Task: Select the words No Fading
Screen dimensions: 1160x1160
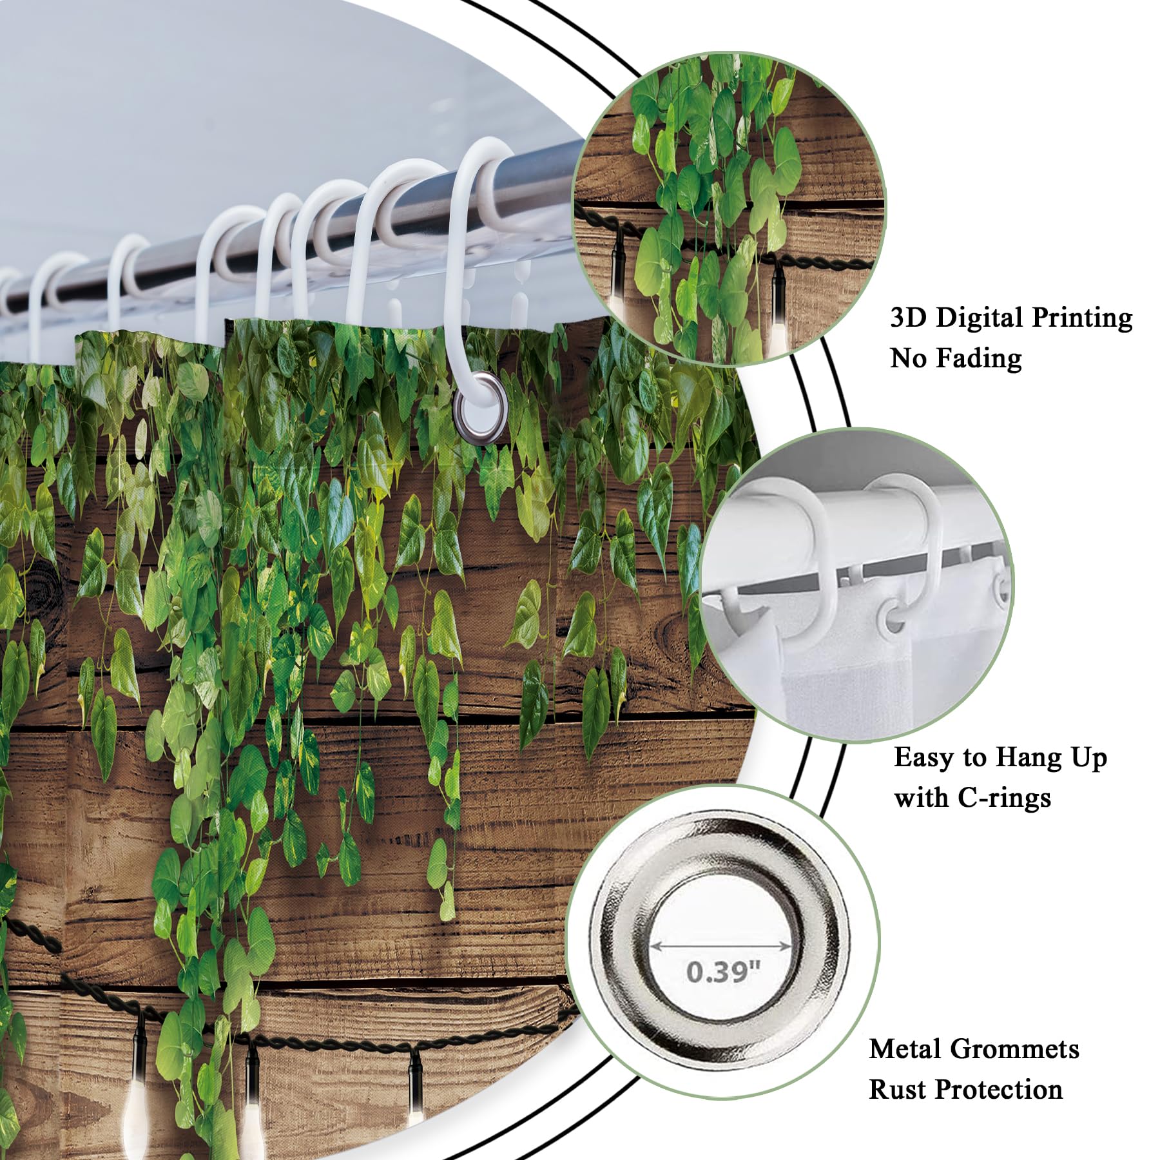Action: (x=956, y=358)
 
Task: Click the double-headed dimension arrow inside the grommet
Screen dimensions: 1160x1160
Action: (x=721, y=947)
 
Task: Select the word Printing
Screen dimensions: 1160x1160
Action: (x=1081, y=318)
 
